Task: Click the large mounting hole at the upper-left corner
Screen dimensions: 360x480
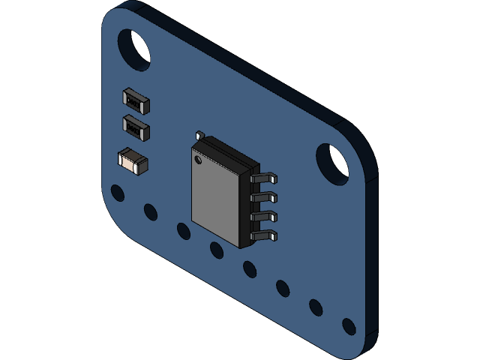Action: pos(134,50)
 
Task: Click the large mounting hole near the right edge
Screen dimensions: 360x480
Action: pos(332,163)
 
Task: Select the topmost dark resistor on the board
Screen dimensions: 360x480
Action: pos(136,100)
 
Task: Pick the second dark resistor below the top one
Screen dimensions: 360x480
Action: pos(136,127)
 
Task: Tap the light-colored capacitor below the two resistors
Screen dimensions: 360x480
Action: pos(133,160)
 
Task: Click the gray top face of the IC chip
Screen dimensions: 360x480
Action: pos(215,196)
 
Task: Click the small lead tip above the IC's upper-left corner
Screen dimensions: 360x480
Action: pos(199,136)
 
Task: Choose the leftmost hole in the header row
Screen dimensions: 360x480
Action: pos(118,193)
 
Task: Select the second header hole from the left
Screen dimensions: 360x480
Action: pos(151,212)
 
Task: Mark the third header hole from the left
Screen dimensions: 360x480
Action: pos(184,231)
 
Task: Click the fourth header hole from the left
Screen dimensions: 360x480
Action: pos(217,250)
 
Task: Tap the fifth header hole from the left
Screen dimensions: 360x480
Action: pos(250,268)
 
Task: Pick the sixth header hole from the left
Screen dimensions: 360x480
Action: pos(283,288)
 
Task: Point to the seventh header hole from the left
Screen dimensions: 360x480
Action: pos(316,307)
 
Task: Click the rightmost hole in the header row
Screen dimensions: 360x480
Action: pos(349,326)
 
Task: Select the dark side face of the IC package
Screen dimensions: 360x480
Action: pos(245,210)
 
